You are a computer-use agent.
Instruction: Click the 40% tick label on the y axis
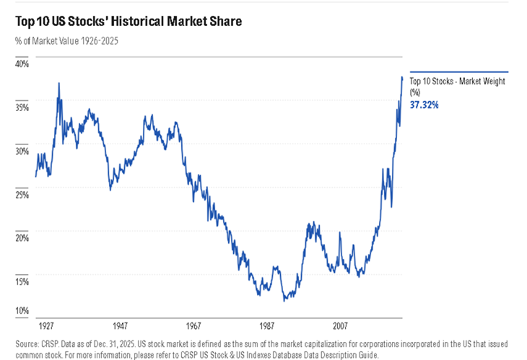click(22, 63)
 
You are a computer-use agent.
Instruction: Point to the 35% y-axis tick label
click(22, 107)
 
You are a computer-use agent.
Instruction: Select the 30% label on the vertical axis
click(22, 151)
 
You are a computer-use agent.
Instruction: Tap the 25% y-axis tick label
click(22, 195)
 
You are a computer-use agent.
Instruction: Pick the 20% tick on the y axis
click(22, 238)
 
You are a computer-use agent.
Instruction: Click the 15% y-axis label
click(22, 282)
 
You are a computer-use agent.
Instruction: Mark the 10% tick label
click(22, 311)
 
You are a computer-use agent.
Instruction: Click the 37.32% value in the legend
click(424, 105)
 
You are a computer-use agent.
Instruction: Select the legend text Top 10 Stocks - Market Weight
click(457, 82)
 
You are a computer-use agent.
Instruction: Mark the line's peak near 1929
click(58, 83)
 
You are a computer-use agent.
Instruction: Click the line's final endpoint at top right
click(402, 76)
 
